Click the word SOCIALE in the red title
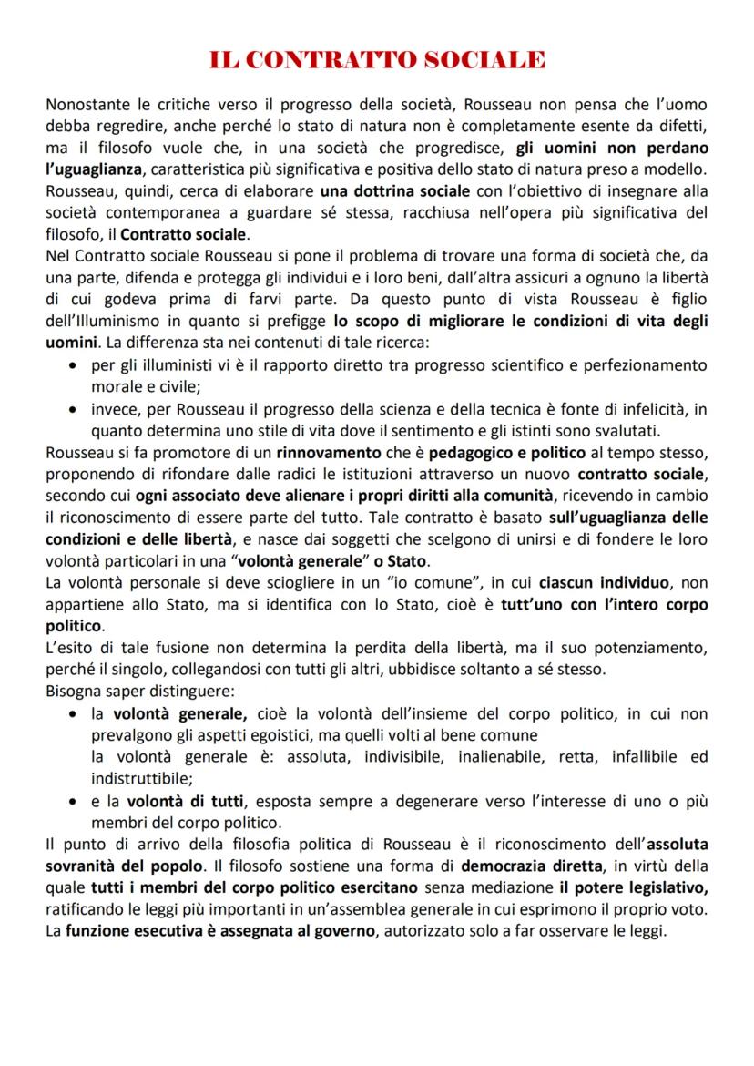[482, 61]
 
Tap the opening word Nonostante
[87, 105]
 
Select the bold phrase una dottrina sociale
[394, 191]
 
